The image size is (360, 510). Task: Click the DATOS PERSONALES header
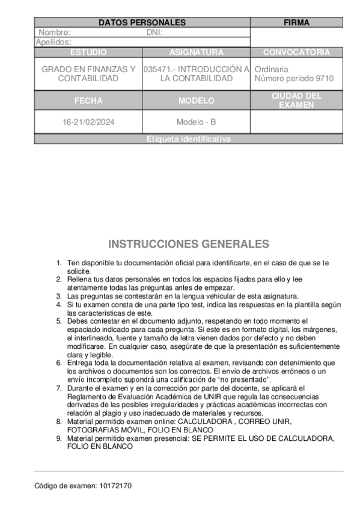142,23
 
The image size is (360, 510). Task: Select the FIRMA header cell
296,23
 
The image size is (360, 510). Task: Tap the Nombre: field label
55,32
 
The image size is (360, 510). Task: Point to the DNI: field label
154,32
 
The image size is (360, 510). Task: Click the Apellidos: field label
54,42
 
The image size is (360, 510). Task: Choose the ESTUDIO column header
88,52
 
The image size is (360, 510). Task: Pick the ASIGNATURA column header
196,52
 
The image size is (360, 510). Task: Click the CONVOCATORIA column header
296,52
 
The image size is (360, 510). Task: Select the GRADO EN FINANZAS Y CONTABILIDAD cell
88,74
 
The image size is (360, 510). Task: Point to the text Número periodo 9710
294,79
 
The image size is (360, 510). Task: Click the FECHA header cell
88,100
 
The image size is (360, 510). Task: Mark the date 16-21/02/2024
88,122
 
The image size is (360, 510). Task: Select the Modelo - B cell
196,122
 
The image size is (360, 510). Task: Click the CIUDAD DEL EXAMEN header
296,100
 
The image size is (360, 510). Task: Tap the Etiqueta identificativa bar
188,139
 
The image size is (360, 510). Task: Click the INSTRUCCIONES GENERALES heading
188,244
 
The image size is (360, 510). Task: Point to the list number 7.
59,389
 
